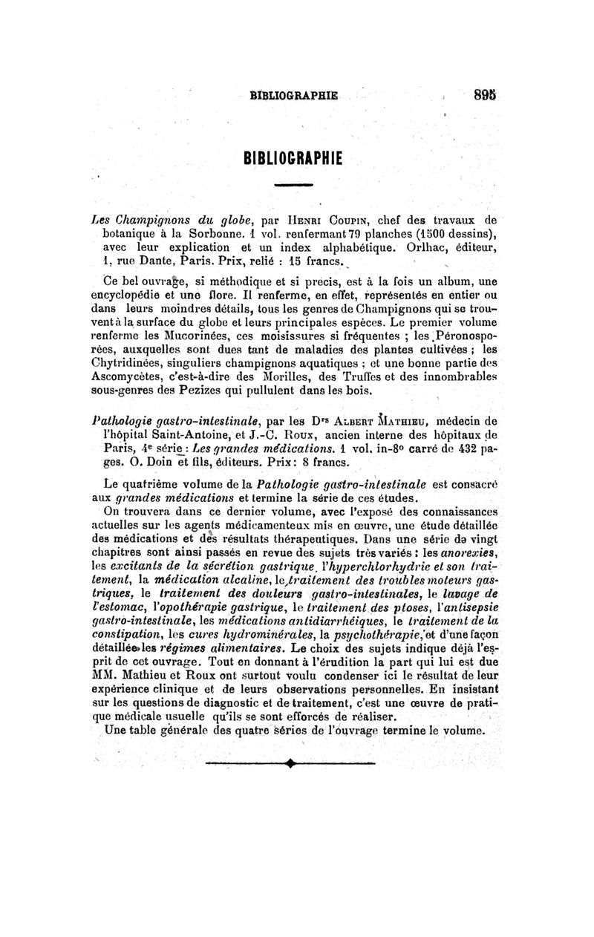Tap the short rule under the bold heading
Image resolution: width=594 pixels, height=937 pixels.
[x=296, y=183]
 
